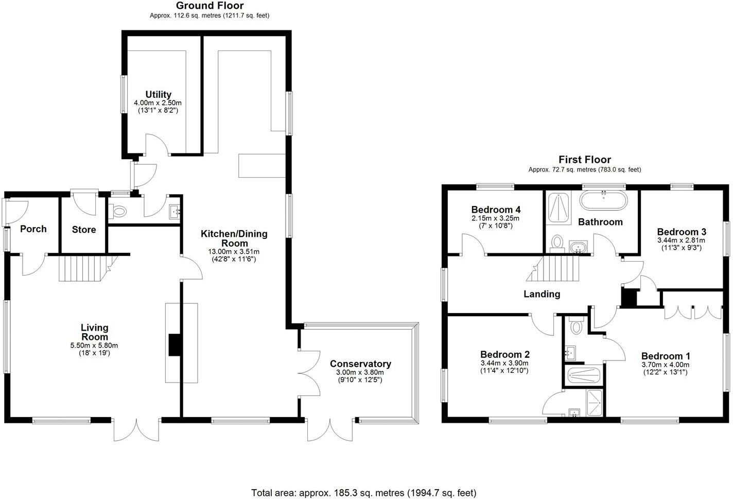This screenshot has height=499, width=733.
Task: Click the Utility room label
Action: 158,95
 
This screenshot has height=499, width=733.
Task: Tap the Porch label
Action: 33,229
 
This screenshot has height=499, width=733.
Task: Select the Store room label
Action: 84,230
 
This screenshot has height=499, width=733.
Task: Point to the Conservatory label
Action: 360,364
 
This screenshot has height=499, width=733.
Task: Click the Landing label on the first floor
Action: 542,294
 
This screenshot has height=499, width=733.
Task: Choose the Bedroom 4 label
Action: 496,210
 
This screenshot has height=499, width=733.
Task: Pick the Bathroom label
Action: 600,222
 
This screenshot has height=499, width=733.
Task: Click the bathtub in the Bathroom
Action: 604,200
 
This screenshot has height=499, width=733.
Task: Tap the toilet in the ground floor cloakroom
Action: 119,211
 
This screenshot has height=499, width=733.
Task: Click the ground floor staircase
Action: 82,268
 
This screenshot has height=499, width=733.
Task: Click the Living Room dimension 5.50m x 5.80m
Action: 94,346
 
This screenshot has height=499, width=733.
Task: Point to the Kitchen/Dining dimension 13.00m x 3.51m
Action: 234,252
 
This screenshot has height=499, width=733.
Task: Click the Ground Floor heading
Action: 210,6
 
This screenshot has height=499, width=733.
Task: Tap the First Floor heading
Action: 584,160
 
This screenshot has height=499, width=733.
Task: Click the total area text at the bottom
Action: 364,493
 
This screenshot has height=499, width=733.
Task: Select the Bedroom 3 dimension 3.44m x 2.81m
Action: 681,240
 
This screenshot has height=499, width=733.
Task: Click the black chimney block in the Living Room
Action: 175,345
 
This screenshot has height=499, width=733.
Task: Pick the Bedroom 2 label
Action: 504,354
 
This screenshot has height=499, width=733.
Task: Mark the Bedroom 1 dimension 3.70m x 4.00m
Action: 665,365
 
